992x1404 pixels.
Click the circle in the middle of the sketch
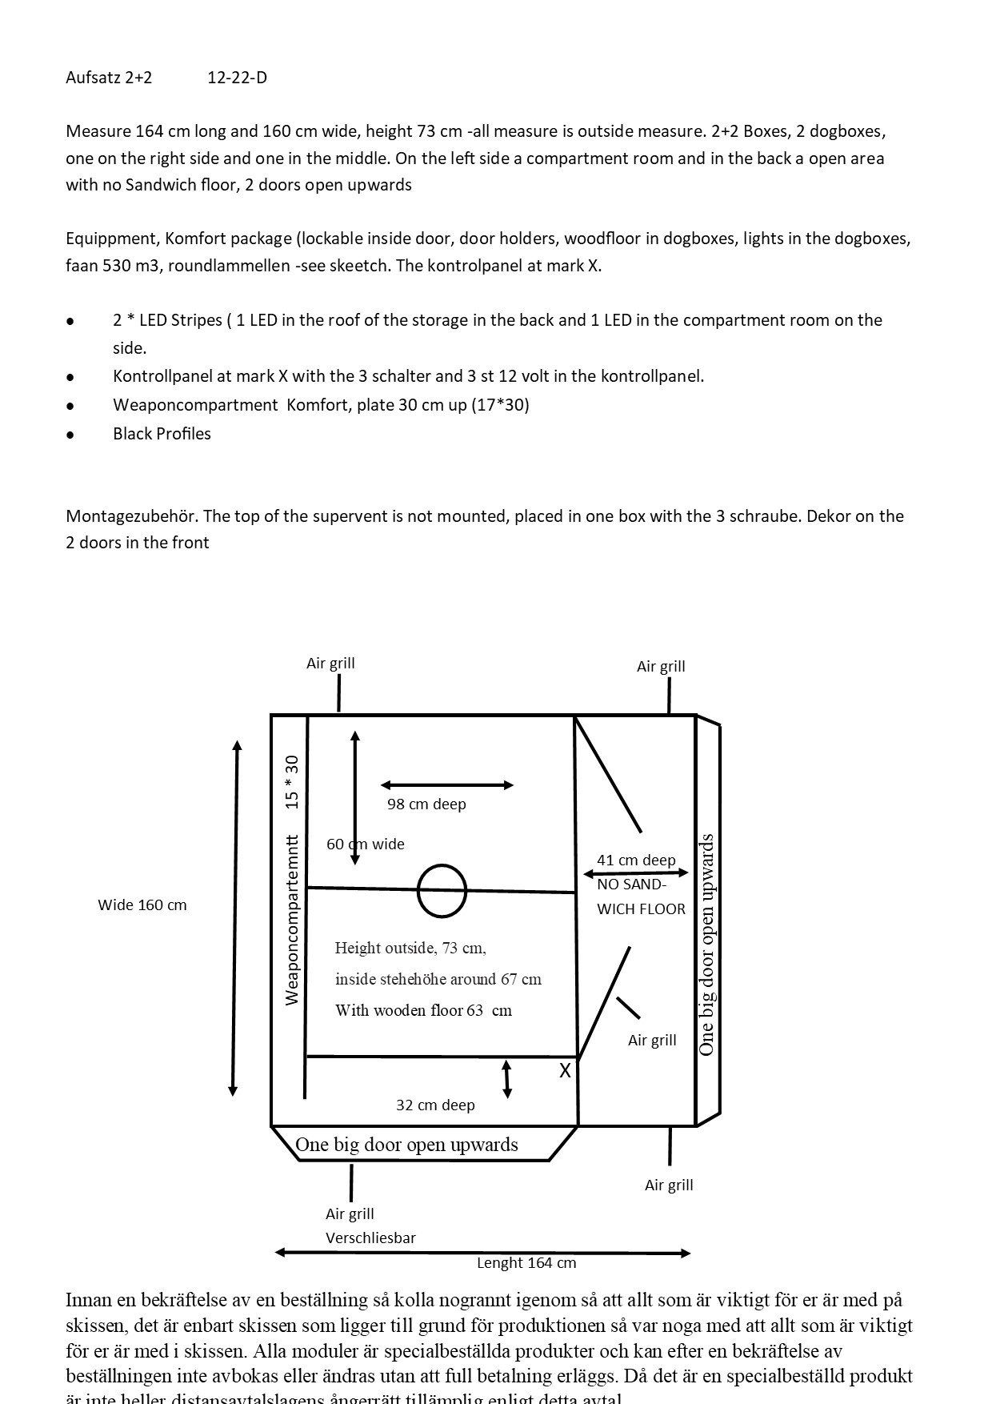pyautogui.click(x=442, y=891)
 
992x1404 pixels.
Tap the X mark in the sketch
pyautogui.click(x=565, y=1071)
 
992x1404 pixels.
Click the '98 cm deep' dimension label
pyautogui.click(x=426, y=804)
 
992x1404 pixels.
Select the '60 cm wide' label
pyautogui.click(x=366, y=844)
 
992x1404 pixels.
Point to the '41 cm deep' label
pyautogui.click(x=636, y=860)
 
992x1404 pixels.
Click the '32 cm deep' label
pyautogui.click(x=435, y=1105)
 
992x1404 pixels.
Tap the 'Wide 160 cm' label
pyautogui.click(x=142, y=905)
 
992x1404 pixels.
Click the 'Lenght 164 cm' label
pyautogui.click(x=526, y=1262)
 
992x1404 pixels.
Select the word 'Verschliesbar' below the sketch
pyautogui.click(x=370, y=1238)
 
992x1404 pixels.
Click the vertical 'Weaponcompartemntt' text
pyautogui.click(x=292, y=921)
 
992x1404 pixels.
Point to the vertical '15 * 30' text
pyautogui.click(x=292, y=782)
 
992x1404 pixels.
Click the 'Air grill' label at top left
pyautogui.click(x=330, y=663)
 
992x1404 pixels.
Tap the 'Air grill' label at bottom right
pyautogui.click(x=669, y=1185)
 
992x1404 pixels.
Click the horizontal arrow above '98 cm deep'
pyautogui.click(x=447, y=785)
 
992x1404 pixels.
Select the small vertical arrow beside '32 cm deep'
pyautogui.click(x=506, y=1079)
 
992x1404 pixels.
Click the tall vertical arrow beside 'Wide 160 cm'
pyautogui.click(x=235, y=918)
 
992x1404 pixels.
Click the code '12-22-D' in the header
pyautogui.click(x=237, y=78)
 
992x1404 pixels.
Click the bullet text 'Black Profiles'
pyautogui.click(x=162, y=434)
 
